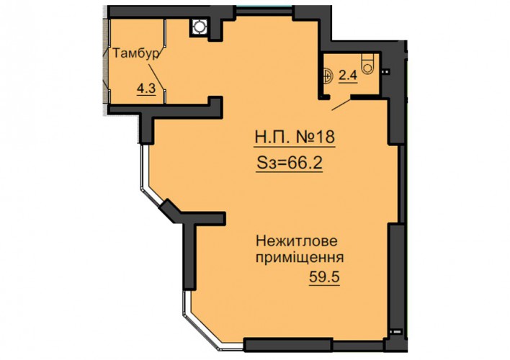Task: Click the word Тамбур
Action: coord(136,53)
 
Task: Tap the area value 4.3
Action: coord(146,89)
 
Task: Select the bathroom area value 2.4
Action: coord(348,76)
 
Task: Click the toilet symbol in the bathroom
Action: coord(368,64)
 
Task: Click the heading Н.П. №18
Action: coord(295,137)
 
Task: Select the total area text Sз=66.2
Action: coord(290,163)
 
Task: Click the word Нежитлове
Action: coord(297,241)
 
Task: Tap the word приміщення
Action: coord(300,258)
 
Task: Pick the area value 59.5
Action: coord(324,277)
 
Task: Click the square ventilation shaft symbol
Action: coord(198,27)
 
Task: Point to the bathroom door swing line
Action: coord(342,104)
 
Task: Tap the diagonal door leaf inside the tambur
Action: coord(158,77)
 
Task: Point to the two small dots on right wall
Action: coord(386,71)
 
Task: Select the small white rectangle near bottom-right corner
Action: coord(396,332)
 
